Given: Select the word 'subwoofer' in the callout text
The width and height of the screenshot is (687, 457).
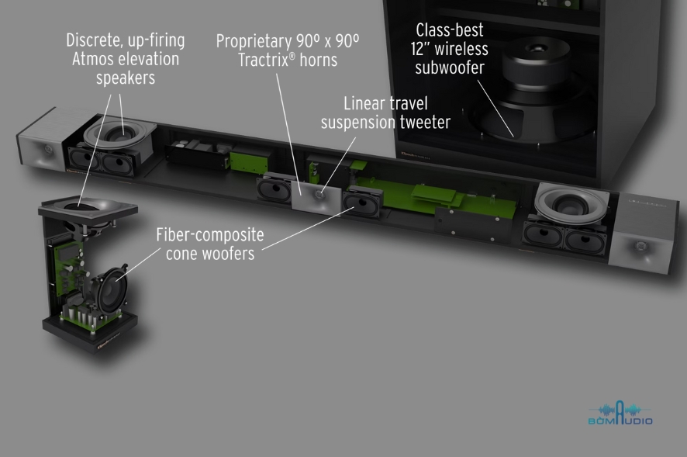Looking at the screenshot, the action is click(x=450, y=68).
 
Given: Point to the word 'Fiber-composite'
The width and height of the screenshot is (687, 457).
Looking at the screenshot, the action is click(x=210, y=234).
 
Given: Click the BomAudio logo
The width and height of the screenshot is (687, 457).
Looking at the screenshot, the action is click(x=620, y=413).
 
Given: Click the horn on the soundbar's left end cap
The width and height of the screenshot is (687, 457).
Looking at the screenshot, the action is click(x=46, y=150).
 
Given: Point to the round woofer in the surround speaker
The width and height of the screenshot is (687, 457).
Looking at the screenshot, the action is click(x=112, y=290).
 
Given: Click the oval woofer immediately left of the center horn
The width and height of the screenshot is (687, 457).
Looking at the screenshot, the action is click(x=274, y=189).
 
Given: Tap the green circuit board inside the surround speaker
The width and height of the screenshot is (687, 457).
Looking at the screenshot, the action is click(x=68, y=268).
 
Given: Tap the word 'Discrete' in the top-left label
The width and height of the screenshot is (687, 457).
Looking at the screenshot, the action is click(x=91, y=40).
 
